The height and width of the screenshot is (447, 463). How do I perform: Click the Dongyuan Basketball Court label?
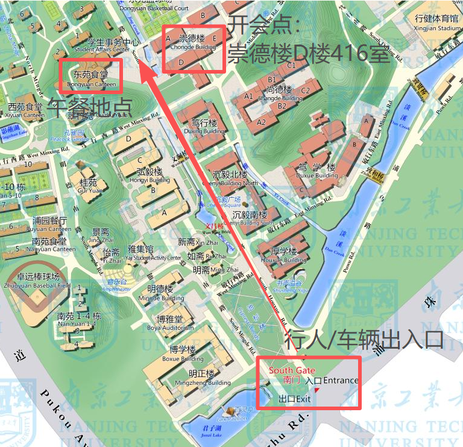pos(154,7)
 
